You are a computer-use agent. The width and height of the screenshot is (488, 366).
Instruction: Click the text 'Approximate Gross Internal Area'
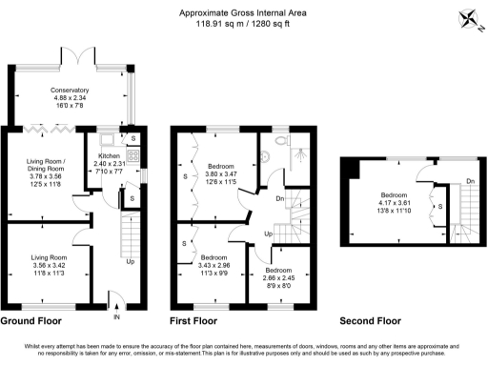[x=244, y=12]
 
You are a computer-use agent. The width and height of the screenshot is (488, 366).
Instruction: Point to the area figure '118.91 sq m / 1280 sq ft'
[x=244, y=23]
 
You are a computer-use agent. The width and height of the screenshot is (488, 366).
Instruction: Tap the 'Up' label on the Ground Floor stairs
[x=130, y=262]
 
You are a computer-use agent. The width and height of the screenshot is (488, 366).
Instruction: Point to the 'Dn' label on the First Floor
[x=278, y=198]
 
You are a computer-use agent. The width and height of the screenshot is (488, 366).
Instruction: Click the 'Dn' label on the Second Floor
[x=469, y=181]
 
